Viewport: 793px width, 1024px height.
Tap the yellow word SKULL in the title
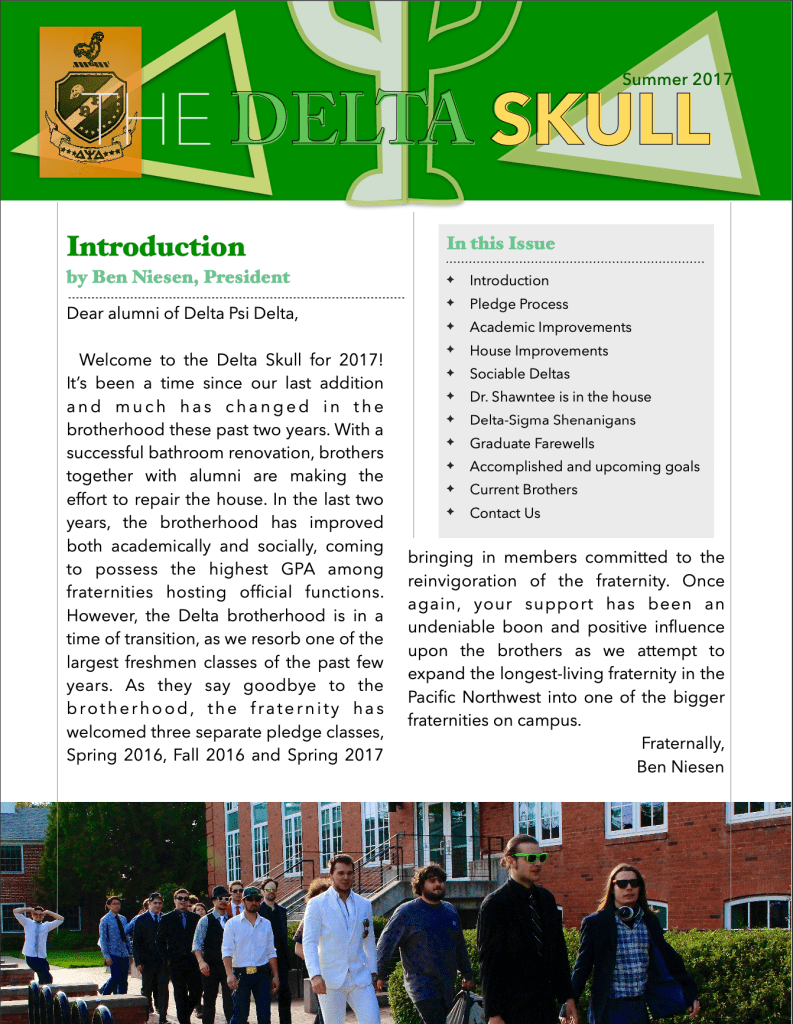pyautogui.click(x=600, y=120)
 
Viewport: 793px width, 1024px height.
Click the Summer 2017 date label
pyautogui.click(x=677, y=79)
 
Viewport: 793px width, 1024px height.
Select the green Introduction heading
pyautogui.click(x=156, y=246)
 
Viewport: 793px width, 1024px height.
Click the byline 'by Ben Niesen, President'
pyautogui.click(x=178, y=277)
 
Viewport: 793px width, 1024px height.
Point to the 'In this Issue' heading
pyautogui.click(x=500, y=243)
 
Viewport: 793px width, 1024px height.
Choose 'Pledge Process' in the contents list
pyautogui.click(x=518, y=304)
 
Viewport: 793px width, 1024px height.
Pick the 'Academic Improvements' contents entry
pyautogui.click(x=550, y=327)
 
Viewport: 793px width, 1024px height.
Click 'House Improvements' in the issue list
pyautogui.click(x=538, y=350)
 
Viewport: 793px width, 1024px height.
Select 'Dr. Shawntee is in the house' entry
pyautogui.click(x=560, y=397)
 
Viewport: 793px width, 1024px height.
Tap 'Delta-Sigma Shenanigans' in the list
pyautogui.click(x=552, y=420)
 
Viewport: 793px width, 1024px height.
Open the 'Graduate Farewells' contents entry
pyautogui.click(x=531, y=443)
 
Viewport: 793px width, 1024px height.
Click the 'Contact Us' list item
pyautogui.click(x=504, y=513)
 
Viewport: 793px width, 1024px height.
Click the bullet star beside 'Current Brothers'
pyautogui.click(x=450, y=489)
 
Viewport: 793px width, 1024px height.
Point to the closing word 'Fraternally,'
pyautogui.click(x=682, y=744)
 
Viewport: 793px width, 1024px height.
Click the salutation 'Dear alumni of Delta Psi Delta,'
pyautogui.click(x=182, y=314)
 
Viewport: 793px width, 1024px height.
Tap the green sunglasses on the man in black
pyautogui.click(x=530, y=857)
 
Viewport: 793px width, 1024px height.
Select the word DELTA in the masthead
pyautogui.click(x=350, y=120)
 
